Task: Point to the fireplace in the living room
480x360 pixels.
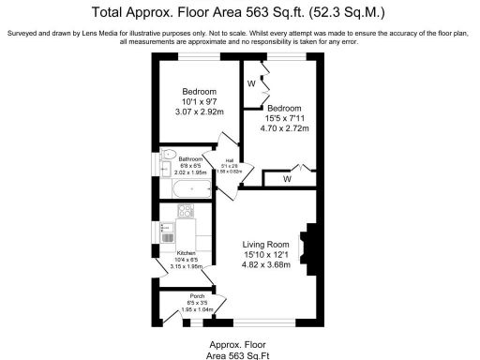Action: coord(307,245)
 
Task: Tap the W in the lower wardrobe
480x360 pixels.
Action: coord(287,177)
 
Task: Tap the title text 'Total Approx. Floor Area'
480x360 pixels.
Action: coord(187,13)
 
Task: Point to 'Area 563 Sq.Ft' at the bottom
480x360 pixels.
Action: coord(240,354)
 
